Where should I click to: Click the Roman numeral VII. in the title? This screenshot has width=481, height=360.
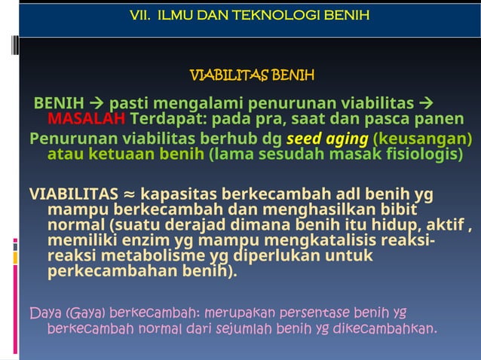[x=143, y=14]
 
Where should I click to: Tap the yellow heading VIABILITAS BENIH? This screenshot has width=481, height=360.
[x=252, y=75]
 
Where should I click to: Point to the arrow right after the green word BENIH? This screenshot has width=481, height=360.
[x=97, y=102]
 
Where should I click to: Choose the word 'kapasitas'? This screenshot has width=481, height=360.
[x=177, y=194]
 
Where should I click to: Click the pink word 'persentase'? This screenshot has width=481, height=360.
[x=312, y=311]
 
